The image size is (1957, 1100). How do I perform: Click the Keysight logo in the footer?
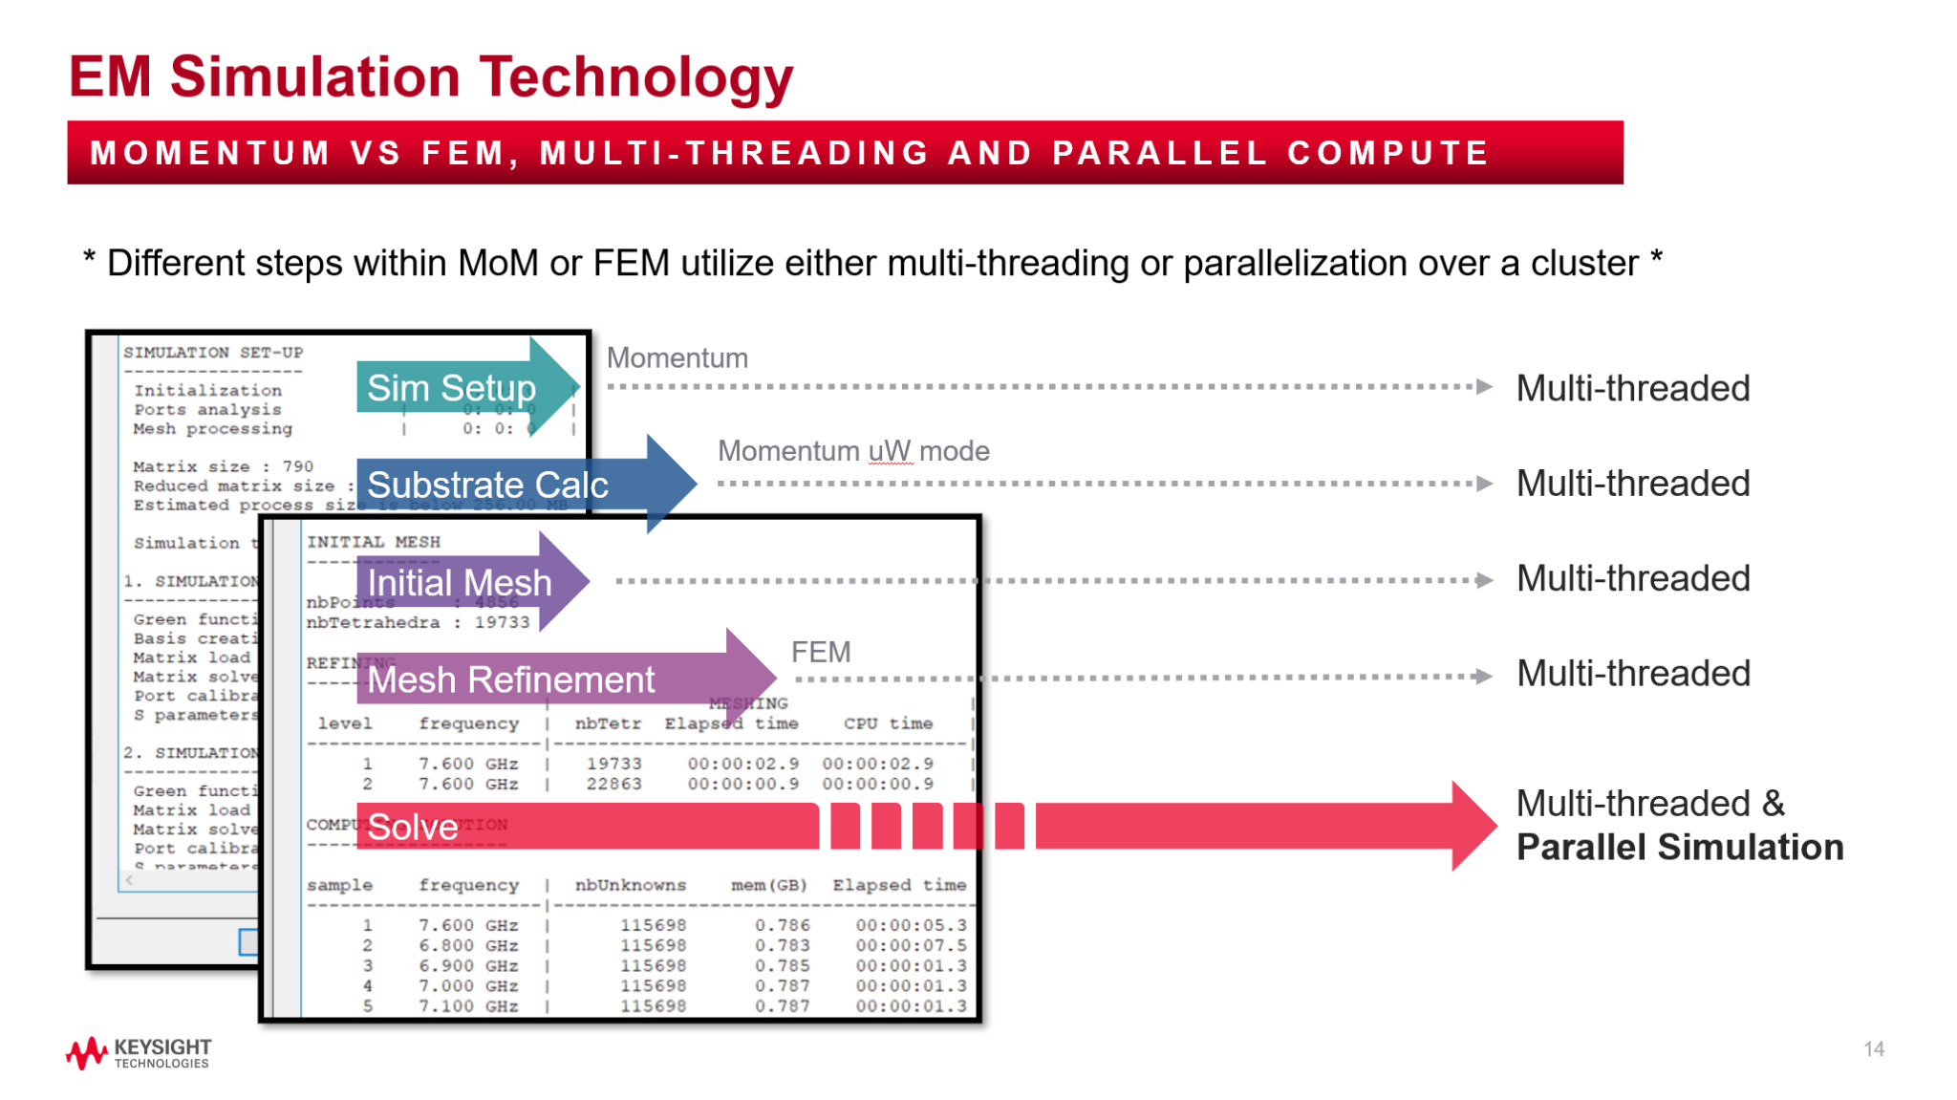138,1052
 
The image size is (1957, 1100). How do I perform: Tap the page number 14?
1873,1049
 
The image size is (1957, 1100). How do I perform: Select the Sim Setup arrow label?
451,388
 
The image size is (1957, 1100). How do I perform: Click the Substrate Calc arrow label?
487,485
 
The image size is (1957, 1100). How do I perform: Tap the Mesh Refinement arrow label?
511,679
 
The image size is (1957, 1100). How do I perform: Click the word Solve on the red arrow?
413,827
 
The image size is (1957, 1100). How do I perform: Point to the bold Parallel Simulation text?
1679,847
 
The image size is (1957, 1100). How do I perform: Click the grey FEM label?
821,652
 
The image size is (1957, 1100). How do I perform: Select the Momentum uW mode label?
853,451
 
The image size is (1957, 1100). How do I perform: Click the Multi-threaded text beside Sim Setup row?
1632,388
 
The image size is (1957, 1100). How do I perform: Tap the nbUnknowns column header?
630,885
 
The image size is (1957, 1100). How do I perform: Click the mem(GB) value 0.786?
782,925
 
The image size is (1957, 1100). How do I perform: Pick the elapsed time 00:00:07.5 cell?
911,945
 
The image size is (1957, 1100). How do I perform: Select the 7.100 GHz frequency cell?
468,1006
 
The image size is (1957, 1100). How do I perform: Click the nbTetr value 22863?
613,784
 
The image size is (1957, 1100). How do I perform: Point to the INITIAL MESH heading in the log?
373,542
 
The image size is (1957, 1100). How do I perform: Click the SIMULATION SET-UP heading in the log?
212,353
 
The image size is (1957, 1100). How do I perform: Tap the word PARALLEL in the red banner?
1159,153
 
